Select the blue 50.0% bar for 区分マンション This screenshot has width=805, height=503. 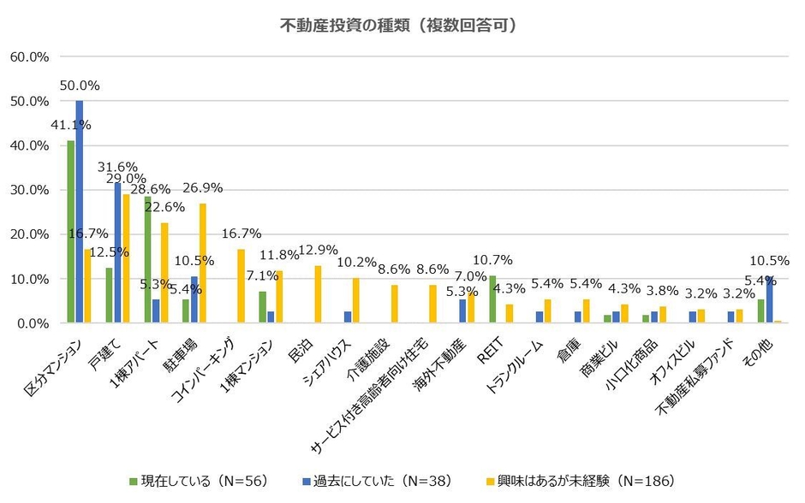[x=80, y=212]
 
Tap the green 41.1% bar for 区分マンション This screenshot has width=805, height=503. [x=71, y=232]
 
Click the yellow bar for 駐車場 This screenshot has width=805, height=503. [x=203, y=263]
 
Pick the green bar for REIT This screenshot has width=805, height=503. [x=492, y=299]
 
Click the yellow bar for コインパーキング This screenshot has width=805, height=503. [x=241, y=287]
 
